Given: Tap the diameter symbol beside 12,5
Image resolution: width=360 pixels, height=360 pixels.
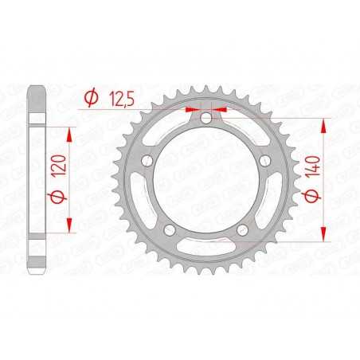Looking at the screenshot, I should click(92, 99).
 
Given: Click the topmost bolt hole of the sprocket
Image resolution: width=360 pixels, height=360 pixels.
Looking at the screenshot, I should click(206, 119).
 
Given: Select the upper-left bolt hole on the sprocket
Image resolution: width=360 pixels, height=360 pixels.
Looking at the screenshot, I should click(147, 162).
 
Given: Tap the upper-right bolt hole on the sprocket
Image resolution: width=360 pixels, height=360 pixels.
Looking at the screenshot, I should click(265, 162).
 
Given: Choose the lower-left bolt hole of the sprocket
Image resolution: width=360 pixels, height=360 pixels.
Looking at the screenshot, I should click(170, 232).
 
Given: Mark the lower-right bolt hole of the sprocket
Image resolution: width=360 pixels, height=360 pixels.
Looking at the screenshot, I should click(243, 232).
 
